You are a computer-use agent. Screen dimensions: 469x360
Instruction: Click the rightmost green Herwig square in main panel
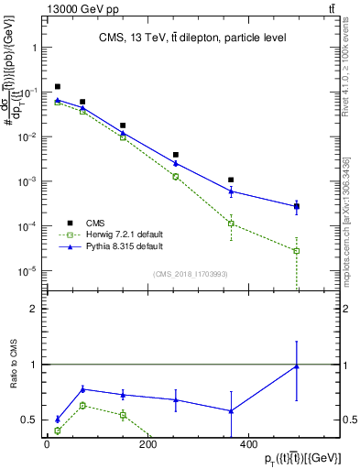click(x=296, y=251)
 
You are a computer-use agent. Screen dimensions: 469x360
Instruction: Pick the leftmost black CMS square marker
click(x=58, y=87)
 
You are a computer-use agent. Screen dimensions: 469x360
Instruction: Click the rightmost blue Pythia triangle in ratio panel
click(x=296, y=366)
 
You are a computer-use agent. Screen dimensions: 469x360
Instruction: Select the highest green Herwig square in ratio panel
click(x=82, y=405)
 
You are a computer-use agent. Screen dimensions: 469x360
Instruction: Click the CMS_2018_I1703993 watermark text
click(x=191, y=274)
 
